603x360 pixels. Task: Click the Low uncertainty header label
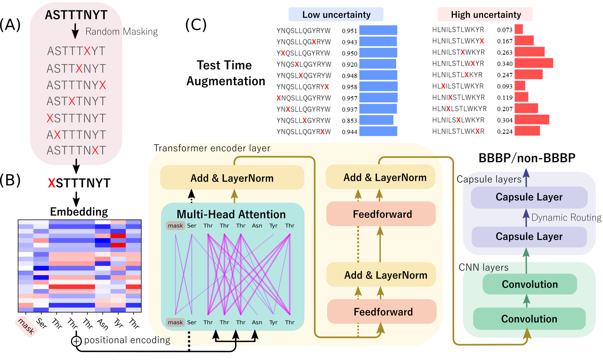pyautogui.click(x=336, y=15)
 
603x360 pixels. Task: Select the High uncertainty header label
pyautogui.click(x=485, y=15)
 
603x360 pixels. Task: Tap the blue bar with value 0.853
pyautogui.click(x=376, y=120)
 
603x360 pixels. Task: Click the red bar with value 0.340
pyautogui.click(x=534, y=63)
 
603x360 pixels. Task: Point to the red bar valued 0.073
pyautogui.click(x=519, y=29)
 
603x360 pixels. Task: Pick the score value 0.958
pyautogui.click(x=349, y=87)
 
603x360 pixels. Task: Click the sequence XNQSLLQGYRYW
pyautogui.click(x=304, y=98)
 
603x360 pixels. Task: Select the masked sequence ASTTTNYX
pyautogui.click(x=77, y=85)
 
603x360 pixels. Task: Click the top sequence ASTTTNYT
pyautogui.click(x=77, y=15)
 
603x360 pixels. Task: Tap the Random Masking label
pyautogui.click(x=121, y=32)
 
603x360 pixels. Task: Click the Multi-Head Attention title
pyautogui.click(x=231, y=214)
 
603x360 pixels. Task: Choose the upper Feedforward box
pyautogui.click(x=381, y=214)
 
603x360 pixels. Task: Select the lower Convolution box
pyautogui.click(x=529, y=319)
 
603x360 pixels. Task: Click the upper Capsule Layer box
pyautogui.click(x=529, y=197)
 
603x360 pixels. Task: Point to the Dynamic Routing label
pyautogui.click(x=566, y=218)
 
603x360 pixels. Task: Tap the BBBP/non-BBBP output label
pyautogui.click(x=527, y=158)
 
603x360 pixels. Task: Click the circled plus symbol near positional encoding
pyautogui.click(x=76, y=341)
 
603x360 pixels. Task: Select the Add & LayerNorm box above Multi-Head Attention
pyautogui.click(x=232, y=178)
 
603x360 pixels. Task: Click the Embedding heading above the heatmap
pyautogui.click(x=79, y=211)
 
